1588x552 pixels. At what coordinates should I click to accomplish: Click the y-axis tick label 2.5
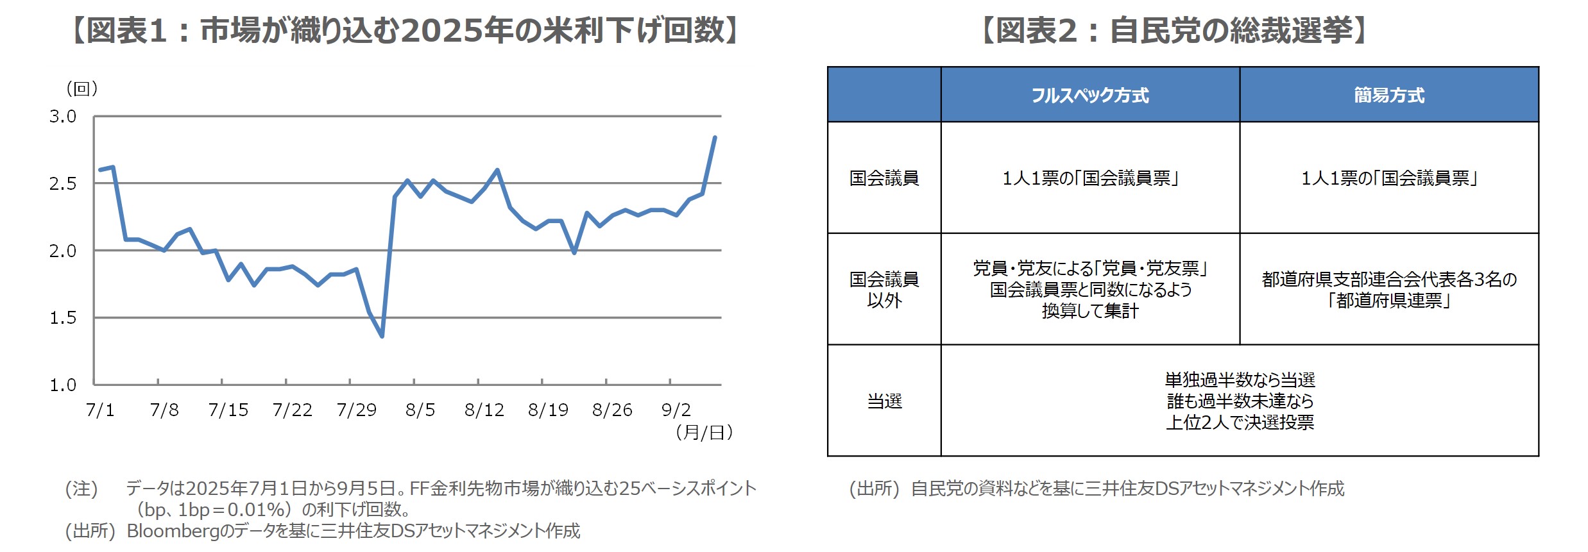62,184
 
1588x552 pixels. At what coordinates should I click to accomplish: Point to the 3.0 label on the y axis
62,117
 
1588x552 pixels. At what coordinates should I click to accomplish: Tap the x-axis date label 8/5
420,410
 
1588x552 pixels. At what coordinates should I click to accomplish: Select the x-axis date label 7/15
228,410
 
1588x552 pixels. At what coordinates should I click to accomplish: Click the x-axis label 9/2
676,410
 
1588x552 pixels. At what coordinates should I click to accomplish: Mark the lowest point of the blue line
382,336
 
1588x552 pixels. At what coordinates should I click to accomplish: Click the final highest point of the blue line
715,137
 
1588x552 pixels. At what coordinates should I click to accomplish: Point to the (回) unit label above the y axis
82,88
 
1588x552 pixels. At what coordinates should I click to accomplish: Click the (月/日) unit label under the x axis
704,433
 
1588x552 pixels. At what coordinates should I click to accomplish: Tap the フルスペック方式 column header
1090,96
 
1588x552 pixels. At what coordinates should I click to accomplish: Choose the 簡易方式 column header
1389,96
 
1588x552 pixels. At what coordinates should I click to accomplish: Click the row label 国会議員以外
884,290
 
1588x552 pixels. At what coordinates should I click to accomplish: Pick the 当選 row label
884,401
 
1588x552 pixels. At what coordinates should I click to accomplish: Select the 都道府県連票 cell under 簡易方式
1389,290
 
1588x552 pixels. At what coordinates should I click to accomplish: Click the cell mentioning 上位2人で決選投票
1240,401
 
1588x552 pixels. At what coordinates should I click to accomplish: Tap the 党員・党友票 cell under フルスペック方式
1090,289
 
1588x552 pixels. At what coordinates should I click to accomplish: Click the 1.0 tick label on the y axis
62,385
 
